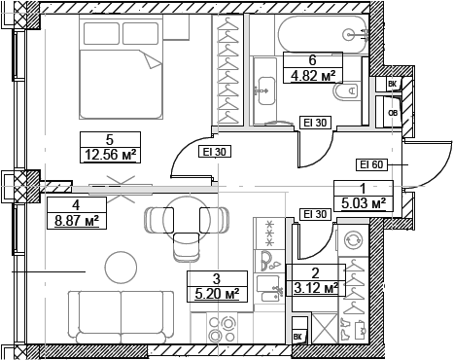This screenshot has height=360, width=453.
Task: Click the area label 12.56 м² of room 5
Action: click(x=110, y=153)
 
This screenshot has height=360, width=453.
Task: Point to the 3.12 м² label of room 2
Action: click(x=316, y=288)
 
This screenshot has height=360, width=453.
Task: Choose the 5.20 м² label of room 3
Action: click(x=215, y=293)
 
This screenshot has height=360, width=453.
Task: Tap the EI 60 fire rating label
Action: click(x=372, y=164)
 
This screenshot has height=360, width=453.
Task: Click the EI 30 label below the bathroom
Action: click(x=313, y=123)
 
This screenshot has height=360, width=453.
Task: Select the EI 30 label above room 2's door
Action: click(x=313, y=214)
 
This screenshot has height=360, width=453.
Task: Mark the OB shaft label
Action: click(x=392, y=110)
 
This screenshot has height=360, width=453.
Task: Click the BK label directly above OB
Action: click(x=392, y=86)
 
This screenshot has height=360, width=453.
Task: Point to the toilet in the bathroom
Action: click(x=345, y=93)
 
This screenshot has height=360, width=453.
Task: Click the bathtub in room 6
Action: click(x=320, y=34)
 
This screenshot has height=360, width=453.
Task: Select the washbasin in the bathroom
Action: click(x=264, y=93)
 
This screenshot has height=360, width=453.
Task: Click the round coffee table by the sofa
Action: click(x=121, y=265)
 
